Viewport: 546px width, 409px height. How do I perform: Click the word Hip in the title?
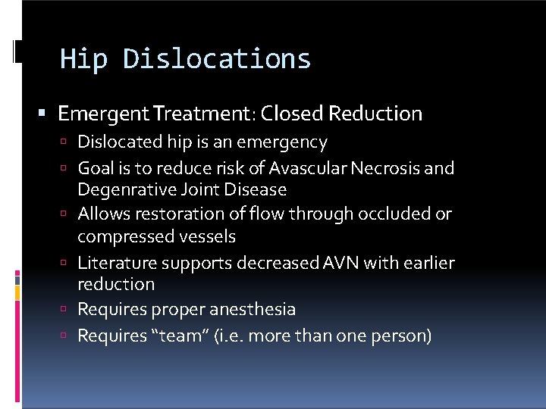coord(83,59)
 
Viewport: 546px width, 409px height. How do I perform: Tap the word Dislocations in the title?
coord(216,59)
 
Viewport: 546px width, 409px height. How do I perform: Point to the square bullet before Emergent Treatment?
coord(42,114)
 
